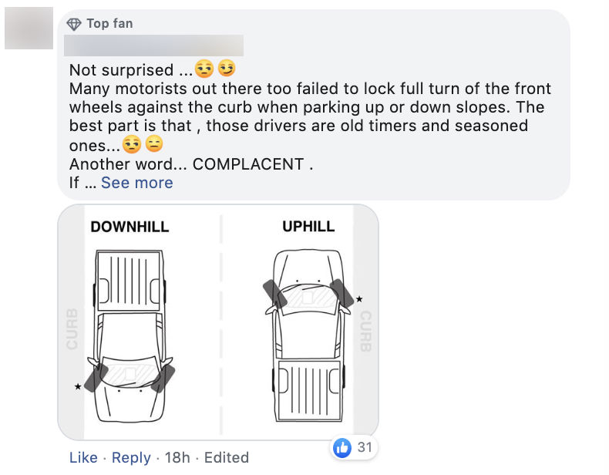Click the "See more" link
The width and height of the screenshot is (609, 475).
pos(136,183)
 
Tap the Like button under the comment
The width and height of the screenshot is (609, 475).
pos(83,457)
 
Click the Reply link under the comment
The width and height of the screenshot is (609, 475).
pos(131,457)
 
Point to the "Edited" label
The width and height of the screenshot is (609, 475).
pos(227,457)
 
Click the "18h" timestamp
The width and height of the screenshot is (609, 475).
pos(177,457)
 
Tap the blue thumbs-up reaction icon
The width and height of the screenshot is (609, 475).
pos(342,446)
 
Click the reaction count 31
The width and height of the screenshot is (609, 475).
pos(364,447)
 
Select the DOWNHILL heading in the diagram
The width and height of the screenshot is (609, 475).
pos(130,227)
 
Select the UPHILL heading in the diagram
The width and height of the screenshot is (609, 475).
pos(308,227)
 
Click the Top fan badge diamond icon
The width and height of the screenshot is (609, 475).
pos(75,23)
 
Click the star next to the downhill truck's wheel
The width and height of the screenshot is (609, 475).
pos(78,386)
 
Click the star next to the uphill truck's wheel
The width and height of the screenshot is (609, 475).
pos(359,298)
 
